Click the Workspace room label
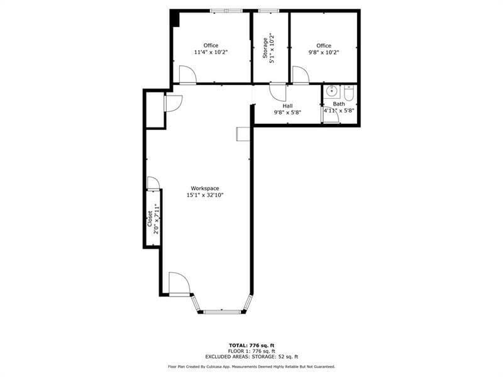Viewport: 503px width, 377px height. pyautogui.click(x=205, y=188)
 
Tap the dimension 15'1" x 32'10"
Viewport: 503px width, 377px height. pyautogui.click(x=205, y=195)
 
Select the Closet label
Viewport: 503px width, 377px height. pyautogui.click(x=150, y=218)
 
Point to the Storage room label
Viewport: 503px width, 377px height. pyautogui.click(x=265, y=48)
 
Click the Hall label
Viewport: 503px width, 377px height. pyautogui.click(x=287, y=106)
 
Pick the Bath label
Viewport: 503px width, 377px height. pyautogui.click(x=339, y=104)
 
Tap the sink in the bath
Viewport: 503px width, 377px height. pyautogui.click(x=331, y=92)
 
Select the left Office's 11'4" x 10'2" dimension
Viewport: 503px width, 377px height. pyautogui.click(x=211, y=52)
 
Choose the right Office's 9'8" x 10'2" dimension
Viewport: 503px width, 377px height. pyautogui.click(x=324, y=52)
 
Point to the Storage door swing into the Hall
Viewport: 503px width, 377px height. pyautogui.click(x=277, y=92)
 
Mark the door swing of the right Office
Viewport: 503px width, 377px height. pyautogui.click(x=300, y=75)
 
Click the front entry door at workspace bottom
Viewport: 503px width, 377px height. pyautogui.click(x=179, y=283)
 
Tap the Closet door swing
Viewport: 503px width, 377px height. pyautogui.click(x=153, y=183)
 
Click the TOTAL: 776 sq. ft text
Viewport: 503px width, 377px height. pyautogui.click(x=251, y=345)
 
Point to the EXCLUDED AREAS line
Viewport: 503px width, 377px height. pyautogui.click(x=251, y=356)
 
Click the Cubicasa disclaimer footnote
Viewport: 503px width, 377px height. pyautogui.click(x=251, y=366)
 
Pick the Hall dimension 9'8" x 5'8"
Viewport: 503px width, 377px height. pyautogui.click(x=287, y=112)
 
